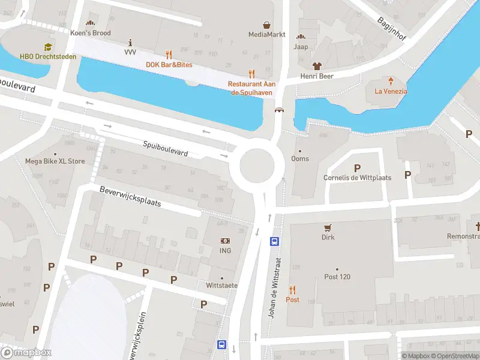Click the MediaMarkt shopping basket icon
tap(266, 25)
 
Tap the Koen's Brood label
tap(91, 33)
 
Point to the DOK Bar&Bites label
tap(169, 64)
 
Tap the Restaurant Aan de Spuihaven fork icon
tap(252, 74)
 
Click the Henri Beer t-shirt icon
tap(317, 66)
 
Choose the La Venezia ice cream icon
tap(391, 81)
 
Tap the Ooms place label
tap(300, 158)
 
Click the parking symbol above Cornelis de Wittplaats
tap(358, 168)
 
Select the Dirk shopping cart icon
tap(328, 227)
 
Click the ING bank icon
tap(225, 241)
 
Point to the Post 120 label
tap(337, 277)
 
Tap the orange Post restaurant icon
tap(293, 289)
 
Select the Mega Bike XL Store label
tap(55, 161)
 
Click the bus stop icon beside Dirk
tap(275, 242)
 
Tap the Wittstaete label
tap(222, 285)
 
